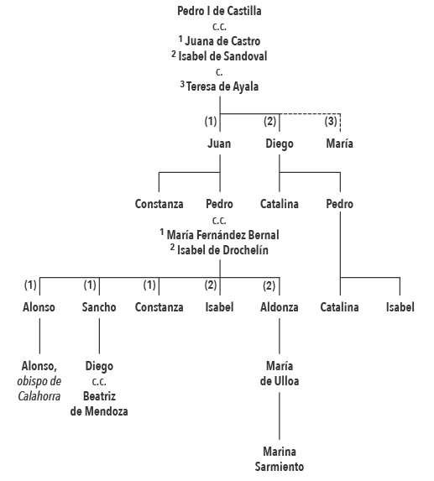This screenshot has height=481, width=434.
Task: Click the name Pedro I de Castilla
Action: pos(219,11)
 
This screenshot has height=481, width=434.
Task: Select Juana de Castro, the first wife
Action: pos(222,41)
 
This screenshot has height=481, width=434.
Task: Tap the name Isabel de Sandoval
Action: pos(222,56)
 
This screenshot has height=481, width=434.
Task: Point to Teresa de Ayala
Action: pos(222,86)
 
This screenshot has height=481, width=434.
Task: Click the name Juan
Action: pos(219,144)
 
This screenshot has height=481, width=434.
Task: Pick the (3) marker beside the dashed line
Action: pos(331,121)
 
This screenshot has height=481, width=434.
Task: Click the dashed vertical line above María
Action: pos(340,123)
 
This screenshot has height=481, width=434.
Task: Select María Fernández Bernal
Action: pos(222,235)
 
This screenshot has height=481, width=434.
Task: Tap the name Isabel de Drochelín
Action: pos(222,250)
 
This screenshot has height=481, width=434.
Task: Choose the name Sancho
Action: pos(99,307)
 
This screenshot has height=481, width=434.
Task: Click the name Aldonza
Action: pos(280,307)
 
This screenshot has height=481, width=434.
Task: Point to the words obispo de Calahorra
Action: pos(39,389)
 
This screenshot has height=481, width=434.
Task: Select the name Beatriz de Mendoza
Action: pos(99,404)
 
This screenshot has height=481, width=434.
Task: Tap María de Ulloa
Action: pos(280,374)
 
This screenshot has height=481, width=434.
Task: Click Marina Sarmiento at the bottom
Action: pos(280,459)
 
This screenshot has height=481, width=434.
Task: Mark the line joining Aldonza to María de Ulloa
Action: pos(280,336)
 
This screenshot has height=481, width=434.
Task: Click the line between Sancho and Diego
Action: pos(99,336)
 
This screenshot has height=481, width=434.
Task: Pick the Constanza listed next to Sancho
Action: pos(159,307)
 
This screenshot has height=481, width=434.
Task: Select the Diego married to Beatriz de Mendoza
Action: pos(99,366)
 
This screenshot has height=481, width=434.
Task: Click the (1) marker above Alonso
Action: pos(30,285)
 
